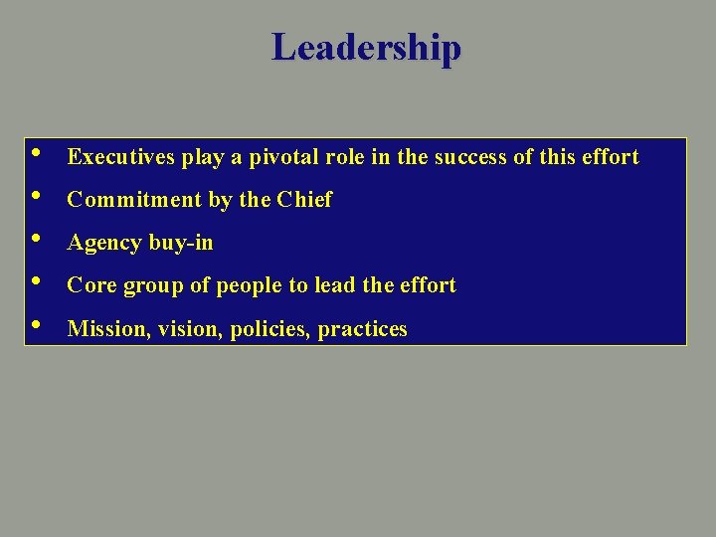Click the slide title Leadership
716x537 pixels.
coord(366,47)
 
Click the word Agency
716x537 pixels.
coord(103,243)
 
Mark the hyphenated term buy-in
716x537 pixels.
coord(181,243)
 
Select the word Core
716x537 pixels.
coord(91,285)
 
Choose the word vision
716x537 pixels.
coord(191,329)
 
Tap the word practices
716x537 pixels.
coord(363,329)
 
